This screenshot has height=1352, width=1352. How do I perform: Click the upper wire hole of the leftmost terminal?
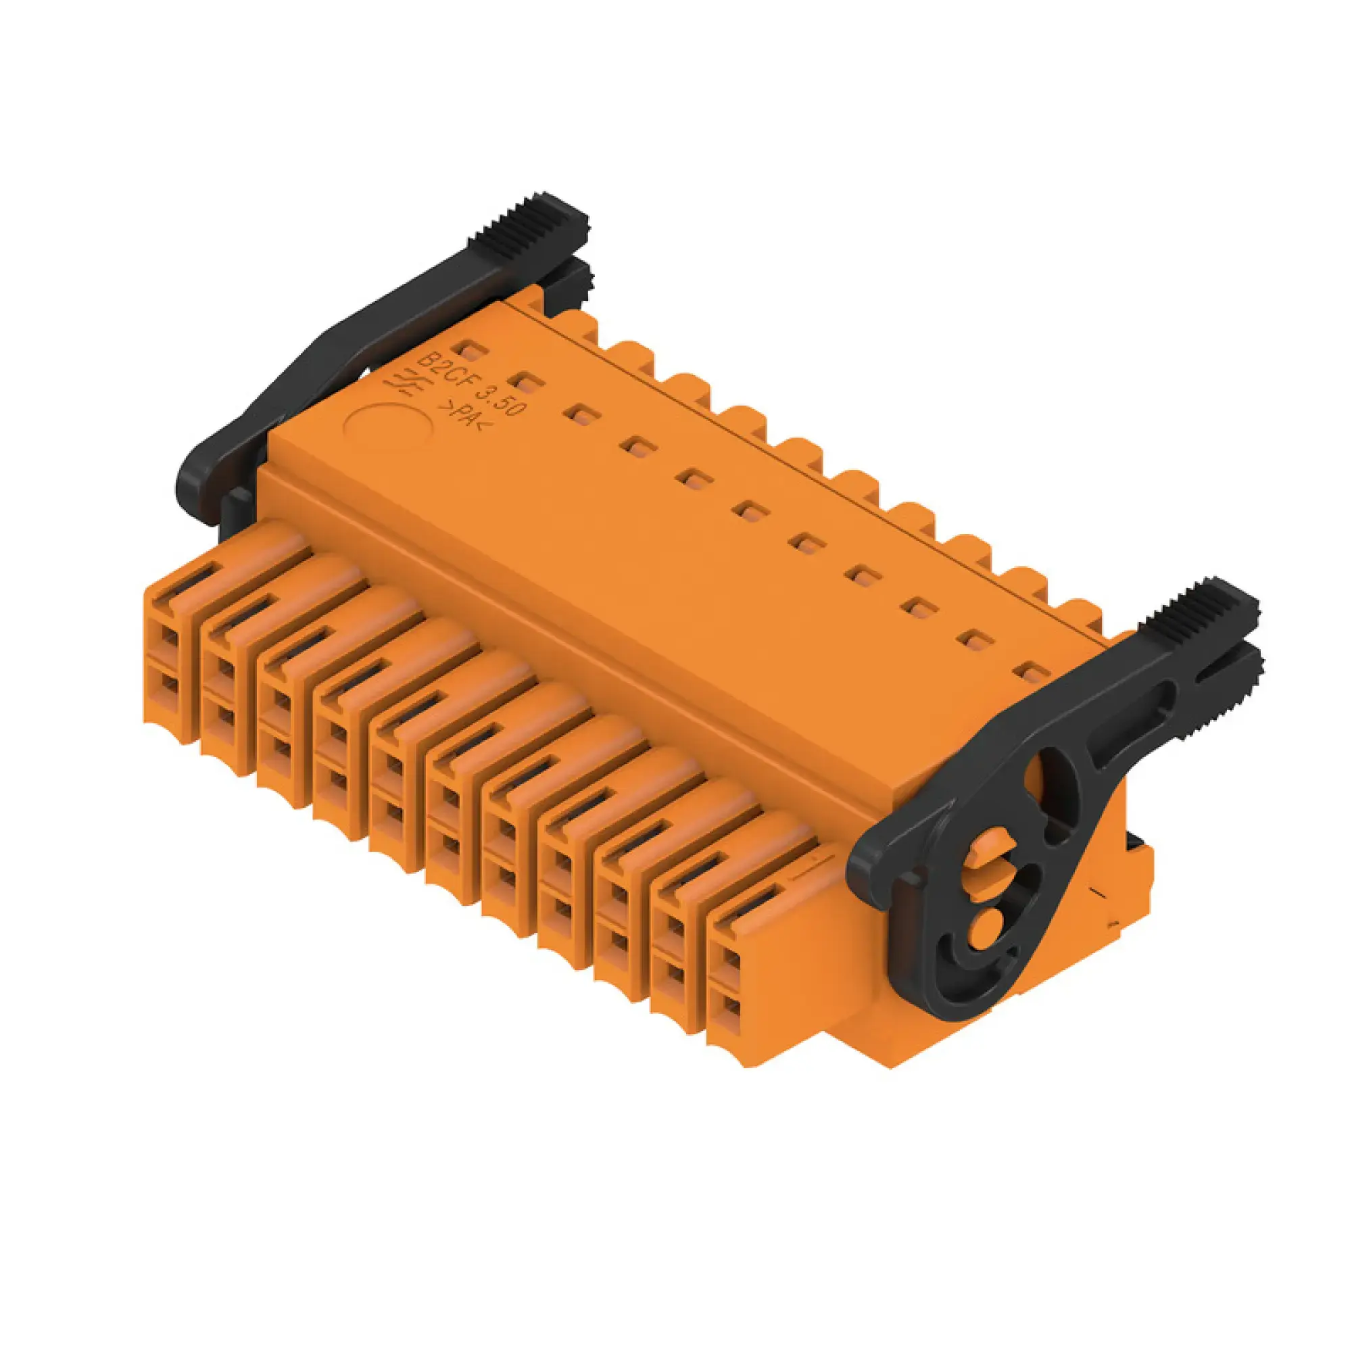click(170, 635)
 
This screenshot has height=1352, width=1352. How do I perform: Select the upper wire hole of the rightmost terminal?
click(730, 960)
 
